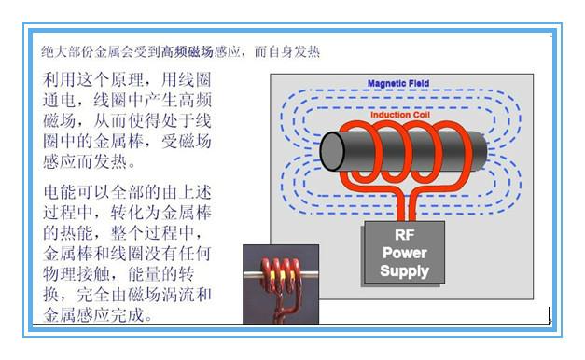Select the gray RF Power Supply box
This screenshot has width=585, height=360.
(403, 253)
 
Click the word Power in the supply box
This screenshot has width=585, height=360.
(403, 253)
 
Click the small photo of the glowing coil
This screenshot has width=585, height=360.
(280, 284)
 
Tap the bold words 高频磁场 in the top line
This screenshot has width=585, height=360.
(188, 50)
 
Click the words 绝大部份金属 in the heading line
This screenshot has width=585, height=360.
(84, 50)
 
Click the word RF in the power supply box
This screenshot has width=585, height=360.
(403, 235)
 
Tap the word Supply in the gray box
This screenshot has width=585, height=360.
(404, 270)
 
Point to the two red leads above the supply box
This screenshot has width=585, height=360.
(404, 205)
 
